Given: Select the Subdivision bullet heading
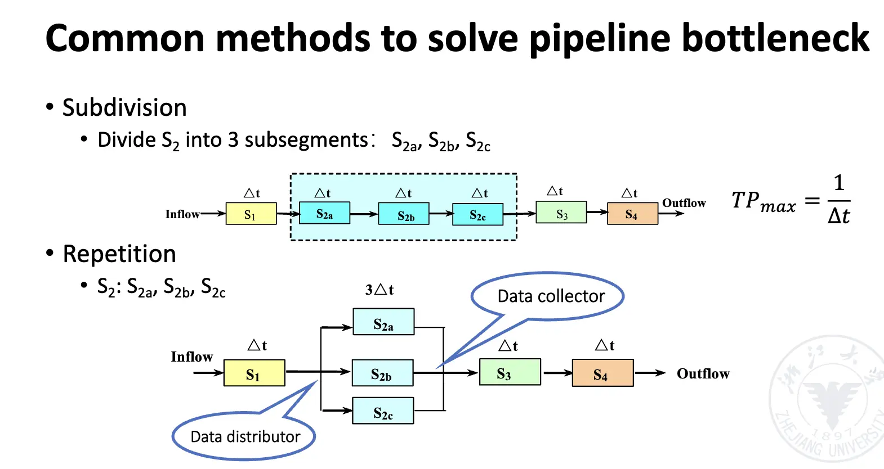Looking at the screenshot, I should (124, 107).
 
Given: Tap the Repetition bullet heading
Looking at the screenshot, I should (119, 254).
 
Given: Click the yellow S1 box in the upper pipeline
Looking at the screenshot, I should (251, 214).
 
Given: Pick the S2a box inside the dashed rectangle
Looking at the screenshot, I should (324, 214).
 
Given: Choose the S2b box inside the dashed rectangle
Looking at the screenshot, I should (404, 214).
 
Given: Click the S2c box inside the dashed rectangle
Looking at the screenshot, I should (477, 214).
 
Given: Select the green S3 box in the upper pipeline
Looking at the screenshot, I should (561, 213).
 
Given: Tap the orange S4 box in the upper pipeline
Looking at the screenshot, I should (632, 214).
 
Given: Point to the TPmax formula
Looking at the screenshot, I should (791, 201).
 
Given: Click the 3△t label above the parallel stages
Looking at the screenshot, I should (380, 290).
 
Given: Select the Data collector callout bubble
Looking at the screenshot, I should (550, 296).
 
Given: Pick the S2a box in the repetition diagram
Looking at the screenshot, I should (383, 322).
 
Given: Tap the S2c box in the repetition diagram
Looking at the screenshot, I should (383, 411).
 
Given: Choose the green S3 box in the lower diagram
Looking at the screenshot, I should (510, 372).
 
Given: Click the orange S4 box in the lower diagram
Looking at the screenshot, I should (602, 373).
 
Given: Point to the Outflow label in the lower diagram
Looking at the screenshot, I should (703, 373).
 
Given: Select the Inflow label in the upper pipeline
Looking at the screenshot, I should (182, 214).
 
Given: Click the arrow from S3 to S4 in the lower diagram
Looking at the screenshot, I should (557, 373).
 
